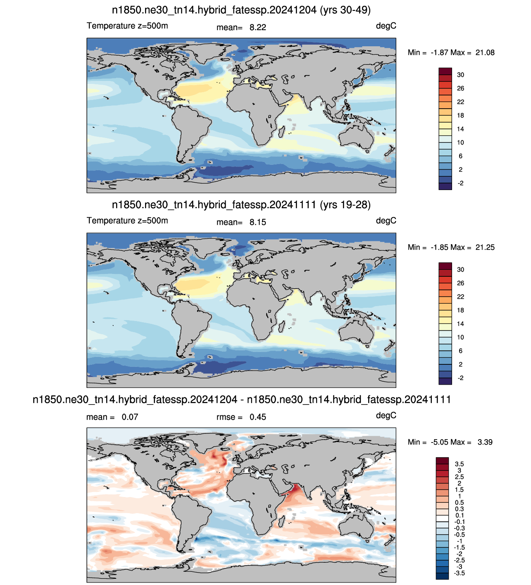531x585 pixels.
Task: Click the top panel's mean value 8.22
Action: pos(257,27)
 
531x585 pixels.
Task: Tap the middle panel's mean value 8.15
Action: pos(257,222)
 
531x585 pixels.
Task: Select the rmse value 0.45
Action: pos(257,417)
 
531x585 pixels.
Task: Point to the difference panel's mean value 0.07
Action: pos(130,417)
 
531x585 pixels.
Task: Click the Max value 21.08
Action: pos(485,53)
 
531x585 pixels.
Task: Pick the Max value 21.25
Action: pos(485,247)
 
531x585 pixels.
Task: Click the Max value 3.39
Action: pos(485,442)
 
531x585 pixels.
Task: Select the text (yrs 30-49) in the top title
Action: pos(345,10)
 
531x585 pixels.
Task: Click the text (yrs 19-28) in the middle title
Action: pos(345,205)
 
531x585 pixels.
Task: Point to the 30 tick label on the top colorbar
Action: pos(460,75)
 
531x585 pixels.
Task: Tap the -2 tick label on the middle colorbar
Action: pos(460,378)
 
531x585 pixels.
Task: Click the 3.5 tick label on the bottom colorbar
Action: pos(459,464)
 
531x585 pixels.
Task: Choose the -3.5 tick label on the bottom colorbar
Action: pos(459,573)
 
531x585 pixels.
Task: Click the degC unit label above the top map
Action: pos(386,26)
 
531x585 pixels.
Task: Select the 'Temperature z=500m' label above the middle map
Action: pos(127,221)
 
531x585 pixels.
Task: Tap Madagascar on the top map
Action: pos(281,131)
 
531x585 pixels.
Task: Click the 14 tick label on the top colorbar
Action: pos(460,129)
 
